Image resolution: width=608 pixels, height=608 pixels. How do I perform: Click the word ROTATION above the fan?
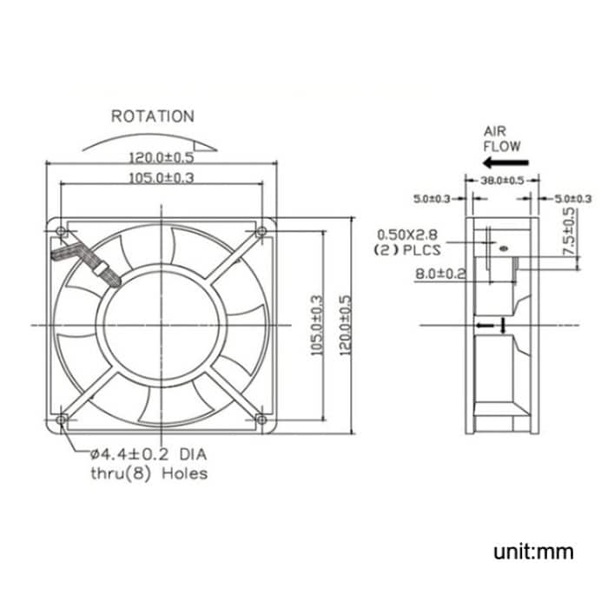[152, 116]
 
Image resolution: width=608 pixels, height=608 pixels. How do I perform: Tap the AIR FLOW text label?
[502, 138]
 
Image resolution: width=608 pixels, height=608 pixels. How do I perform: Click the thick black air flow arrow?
[502, 162]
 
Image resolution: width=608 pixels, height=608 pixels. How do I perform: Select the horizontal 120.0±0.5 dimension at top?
[162, 158]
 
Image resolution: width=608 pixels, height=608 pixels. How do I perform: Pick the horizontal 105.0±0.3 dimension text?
[162, 179]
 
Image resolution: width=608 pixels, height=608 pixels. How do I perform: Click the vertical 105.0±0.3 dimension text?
[317, 325]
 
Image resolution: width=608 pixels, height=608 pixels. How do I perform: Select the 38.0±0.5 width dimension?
[502, 181]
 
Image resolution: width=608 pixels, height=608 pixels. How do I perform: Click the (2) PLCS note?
[407, 250]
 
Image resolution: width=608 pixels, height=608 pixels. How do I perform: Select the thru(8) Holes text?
[149, 473]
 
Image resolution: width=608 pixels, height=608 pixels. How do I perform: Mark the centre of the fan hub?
[162, 325]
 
